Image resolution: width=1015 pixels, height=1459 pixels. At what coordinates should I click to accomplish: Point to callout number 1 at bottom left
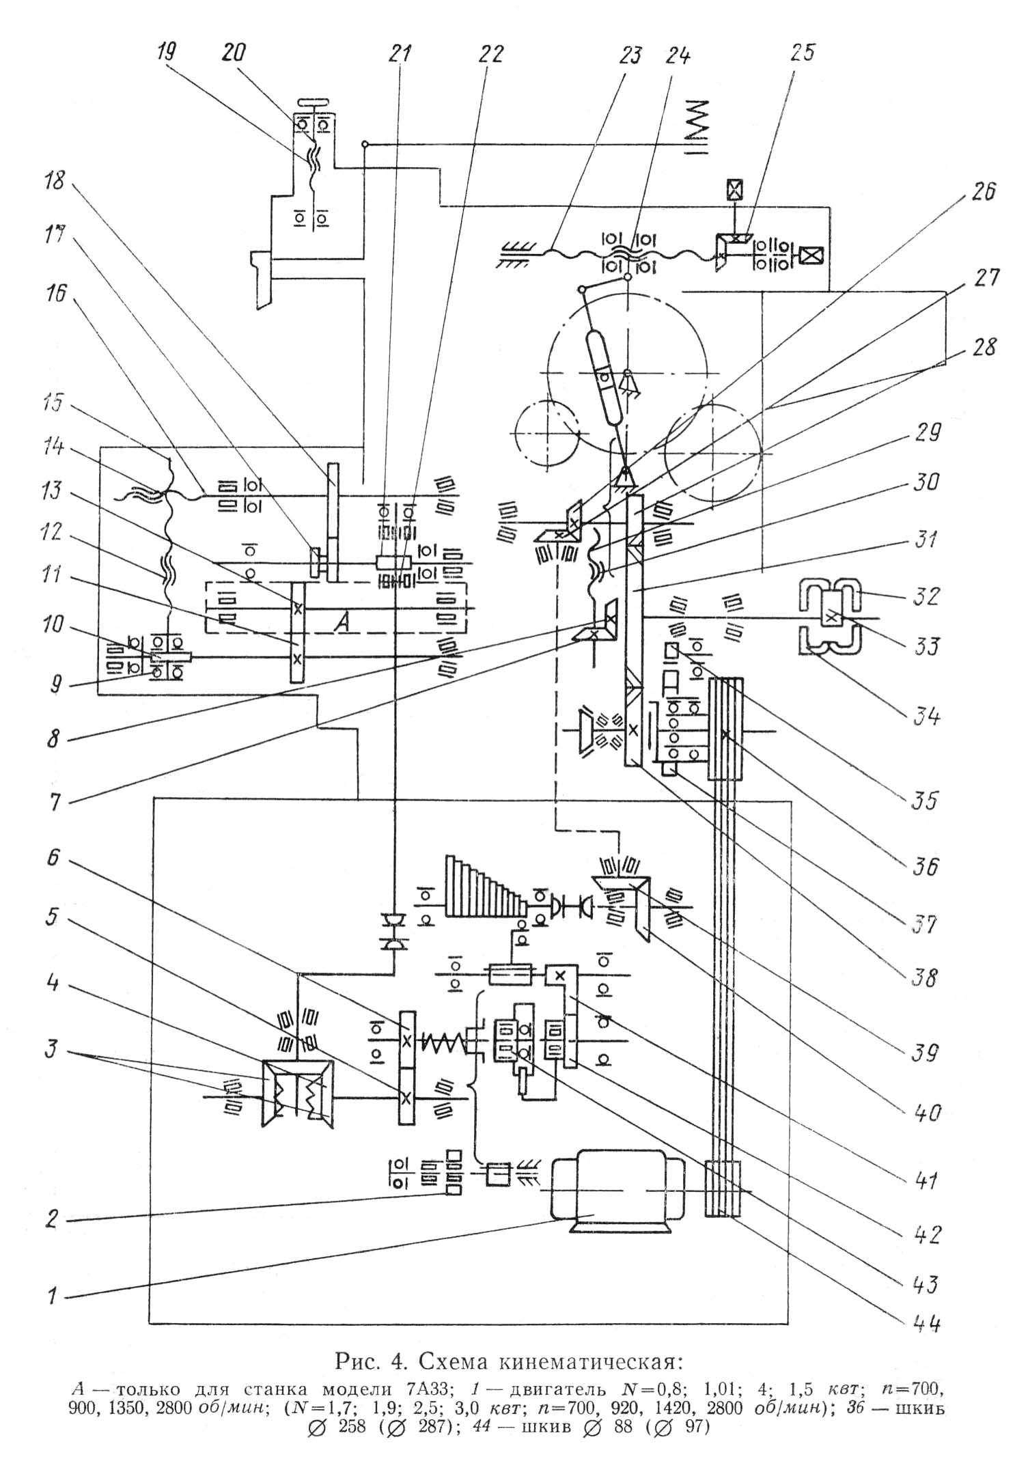coord(53,1294)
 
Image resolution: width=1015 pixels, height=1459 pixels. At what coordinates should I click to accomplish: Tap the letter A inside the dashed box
coord(342,622)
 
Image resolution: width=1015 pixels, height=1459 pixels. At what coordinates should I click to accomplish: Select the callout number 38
coord(926,978)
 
